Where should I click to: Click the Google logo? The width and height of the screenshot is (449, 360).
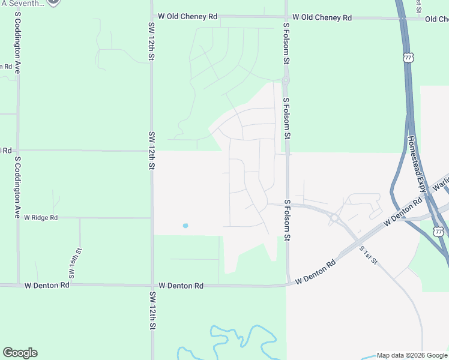[20, 353]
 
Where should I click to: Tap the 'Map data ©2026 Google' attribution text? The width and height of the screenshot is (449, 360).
[412, 355]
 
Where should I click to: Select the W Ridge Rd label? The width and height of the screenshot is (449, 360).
[40, 218]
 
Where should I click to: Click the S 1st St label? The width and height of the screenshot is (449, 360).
[368, 255]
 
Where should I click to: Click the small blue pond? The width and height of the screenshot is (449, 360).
[185, 226]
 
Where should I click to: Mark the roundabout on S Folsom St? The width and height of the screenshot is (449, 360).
[286, 81]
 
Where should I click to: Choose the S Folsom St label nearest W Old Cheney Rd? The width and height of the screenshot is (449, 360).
[287, 43]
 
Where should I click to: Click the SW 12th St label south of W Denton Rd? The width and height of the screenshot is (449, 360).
[152, 311]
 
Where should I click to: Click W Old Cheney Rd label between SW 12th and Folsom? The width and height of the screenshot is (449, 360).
[187, 17]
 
